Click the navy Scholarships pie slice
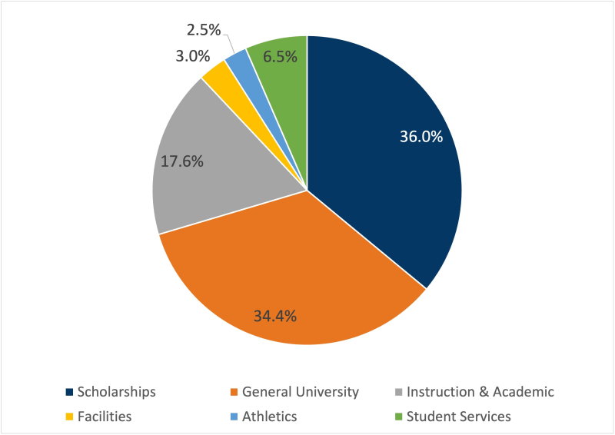click(384, 177)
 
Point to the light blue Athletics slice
click(238, 60)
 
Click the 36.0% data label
click(421, 137)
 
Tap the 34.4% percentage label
click(276, 314)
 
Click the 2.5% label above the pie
click(203, 31)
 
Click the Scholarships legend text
click(116, 392)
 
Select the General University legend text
click(301, 392)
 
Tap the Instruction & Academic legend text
click(480, 392)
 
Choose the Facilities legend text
click(104, 417)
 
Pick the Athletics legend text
click(269, 417)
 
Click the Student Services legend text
click(458, 417)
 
